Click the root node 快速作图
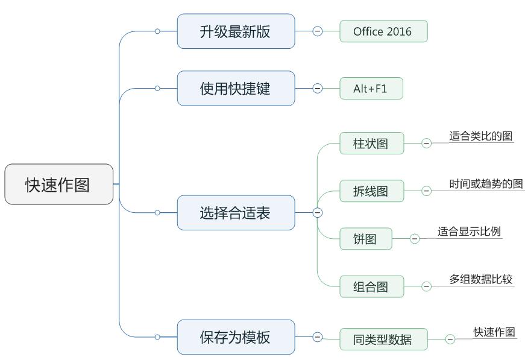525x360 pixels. pyautogui.click(x=58, y=184)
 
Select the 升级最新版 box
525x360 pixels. pyautogui.click(x=236, y=31)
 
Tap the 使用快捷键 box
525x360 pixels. pyautogui.click(x=236, y=88)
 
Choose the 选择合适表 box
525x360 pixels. pyautogui.click(x=236, y=212)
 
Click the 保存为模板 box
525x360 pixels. pyautogui.click(x=236, y=337)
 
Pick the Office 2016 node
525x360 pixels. pyautogui.click(x=383, y=31)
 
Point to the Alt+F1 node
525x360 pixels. pyautogui.click(x=371, y=89)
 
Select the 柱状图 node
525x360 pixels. pyautogui.click(x=371, y=144)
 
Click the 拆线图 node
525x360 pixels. pyautogui.click(x=371, y=191)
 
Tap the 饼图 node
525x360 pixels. pyautogui.click(x=365, y=239)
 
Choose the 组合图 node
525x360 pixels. pyautogui.click(x=371, y=286)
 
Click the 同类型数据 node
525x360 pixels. pyautogui.click(x=383, y=339)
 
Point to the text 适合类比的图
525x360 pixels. pyautogui.click(x=480, y=136)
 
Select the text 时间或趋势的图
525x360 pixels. pyautogui.click(x=486, y=184)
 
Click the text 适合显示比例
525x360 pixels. pyautogui.click(x=469, y=232)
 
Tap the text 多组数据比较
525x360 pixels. pyautogui.click(x=480, y=279)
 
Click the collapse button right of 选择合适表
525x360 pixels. pyautogui.click(x=318, y=212)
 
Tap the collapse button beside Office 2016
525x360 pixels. pyautogui.click(x=318, y=31)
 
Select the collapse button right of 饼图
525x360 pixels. pyautogui.click(x=415, y=239)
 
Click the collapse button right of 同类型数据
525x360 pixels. pyautogui.click(x=450, y=339)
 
